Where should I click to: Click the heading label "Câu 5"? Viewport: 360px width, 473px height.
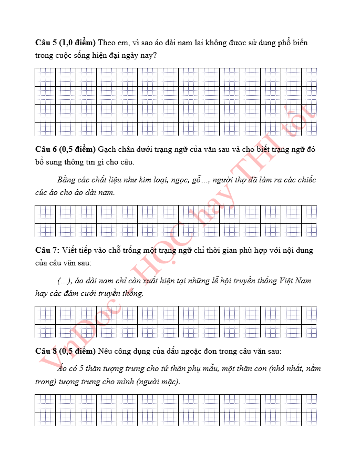click(x=46, y=43)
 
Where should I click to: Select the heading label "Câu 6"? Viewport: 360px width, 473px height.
click(x=46, y=149)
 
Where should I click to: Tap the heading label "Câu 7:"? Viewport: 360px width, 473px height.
click(x=48, y=250)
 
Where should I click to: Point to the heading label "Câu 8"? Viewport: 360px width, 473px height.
click(x=46, y=351)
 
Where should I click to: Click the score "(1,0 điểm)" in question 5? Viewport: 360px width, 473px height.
click(x=77, y=43)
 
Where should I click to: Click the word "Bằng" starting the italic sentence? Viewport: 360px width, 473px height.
click(x=66, y=180)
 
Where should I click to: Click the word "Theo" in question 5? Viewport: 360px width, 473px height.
click(x=107, y=43)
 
